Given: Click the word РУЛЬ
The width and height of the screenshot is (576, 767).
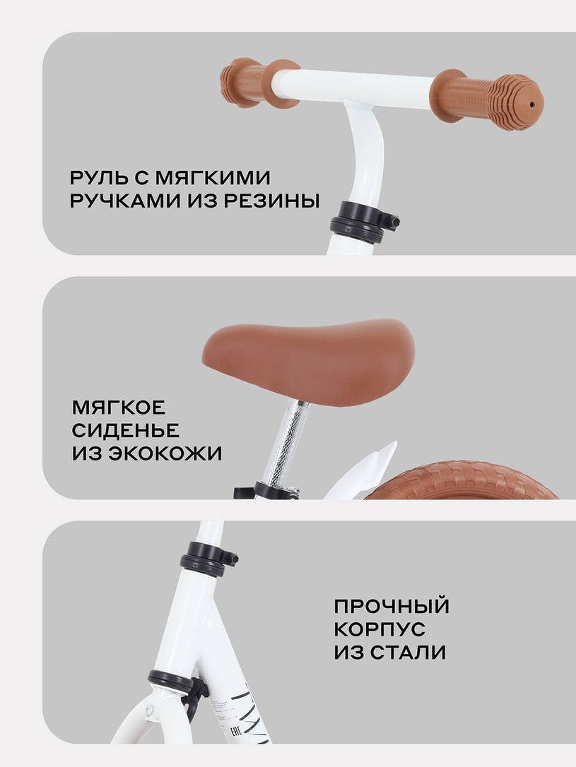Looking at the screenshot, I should click(x=100, y=177).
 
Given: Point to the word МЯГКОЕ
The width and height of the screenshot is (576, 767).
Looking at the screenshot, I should click(x=118, y=408).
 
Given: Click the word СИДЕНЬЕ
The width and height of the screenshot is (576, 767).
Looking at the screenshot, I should click(x=125, y=431).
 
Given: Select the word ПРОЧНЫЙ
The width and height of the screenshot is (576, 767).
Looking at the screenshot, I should click(x=392, y=606).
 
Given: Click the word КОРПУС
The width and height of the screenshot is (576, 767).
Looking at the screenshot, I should click(x=380, y=629).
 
